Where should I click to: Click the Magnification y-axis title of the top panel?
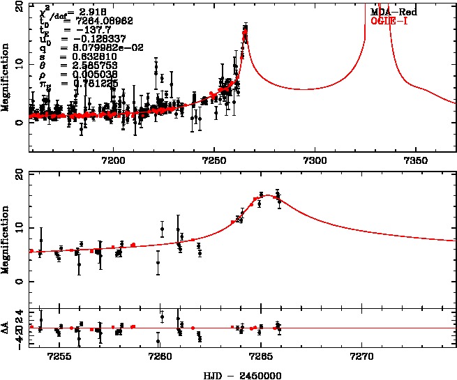(6, 75)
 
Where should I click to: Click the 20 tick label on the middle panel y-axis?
(21, 174)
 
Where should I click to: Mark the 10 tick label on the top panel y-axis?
(21, 63)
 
